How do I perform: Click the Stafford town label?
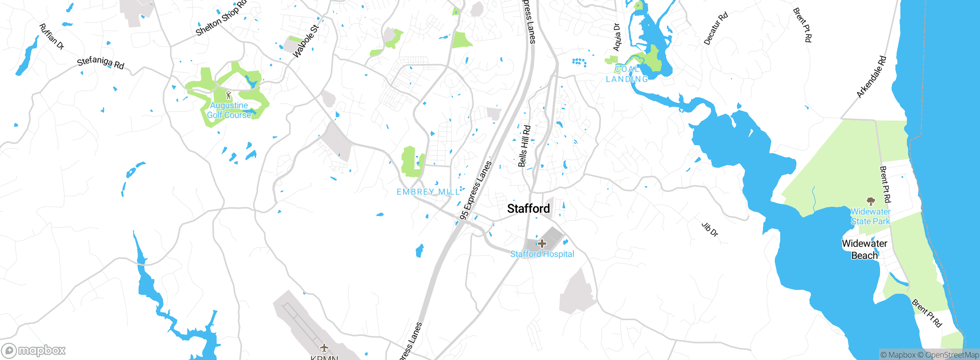click(x=528, y=209)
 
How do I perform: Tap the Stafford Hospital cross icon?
click(x=542, y=243)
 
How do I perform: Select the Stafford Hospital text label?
click(x=542, y=254)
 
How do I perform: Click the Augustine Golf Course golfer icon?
click(x=229, y=95)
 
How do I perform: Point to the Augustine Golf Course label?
click(x=229, y=110)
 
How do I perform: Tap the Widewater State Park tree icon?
click(x=871, y=201)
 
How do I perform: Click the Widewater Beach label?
click(x=864, y=249)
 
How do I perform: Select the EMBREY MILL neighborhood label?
click(x=428, y=192)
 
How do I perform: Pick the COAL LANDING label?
click(x=627, y=74)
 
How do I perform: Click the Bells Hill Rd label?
click(x=524, y=146)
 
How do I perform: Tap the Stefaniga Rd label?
click(x=101, y=63)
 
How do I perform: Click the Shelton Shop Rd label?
click(x=221, y=18)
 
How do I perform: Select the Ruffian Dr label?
click(x=51, y=37)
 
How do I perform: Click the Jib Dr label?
click(x=710, y=229)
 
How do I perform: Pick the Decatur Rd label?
click(x=715, y=29)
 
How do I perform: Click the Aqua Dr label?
click(x=616, y=37)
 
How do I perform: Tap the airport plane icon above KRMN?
click(x=324, y=347)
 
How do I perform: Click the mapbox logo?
click(x=34, y=350)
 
